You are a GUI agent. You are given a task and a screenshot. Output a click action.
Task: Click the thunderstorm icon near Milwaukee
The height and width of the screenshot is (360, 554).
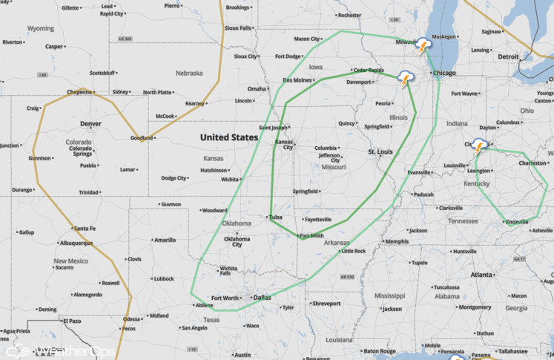pos(423,45)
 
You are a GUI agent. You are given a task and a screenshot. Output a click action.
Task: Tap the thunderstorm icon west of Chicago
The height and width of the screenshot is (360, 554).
pos(406,77)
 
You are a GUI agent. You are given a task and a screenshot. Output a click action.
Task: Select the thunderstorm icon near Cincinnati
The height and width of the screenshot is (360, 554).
pos(479,145)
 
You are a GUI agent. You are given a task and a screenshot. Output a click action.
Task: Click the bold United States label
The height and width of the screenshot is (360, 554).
pos(229,137)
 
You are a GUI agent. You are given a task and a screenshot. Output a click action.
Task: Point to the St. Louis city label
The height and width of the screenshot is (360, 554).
pos(380,151)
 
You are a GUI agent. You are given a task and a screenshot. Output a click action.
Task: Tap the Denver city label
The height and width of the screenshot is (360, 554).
pos(90,123)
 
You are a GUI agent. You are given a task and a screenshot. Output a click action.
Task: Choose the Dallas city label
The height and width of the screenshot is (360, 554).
pos(262,298)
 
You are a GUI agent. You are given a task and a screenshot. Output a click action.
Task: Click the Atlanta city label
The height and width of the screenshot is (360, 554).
pos(482,275)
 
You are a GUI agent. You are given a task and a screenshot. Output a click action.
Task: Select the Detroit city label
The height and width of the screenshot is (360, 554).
pos(509,56)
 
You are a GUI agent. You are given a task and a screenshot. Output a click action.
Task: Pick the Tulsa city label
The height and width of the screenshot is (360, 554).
pos(276,217)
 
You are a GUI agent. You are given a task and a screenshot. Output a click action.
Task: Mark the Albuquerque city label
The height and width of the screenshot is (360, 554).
pos(76,243)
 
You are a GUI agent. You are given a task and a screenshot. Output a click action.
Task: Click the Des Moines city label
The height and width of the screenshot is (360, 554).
pos(297,79)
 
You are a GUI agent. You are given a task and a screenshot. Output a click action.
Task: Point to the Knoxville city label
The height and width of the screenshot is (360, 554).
pos(517,222)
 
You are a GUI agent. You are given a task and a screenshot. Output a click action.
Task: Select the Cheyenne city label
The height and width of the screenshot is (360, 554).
pos(79,92)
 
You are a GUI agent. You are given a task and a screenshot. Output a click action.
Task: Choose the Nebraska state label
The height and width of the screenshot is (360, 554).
pos(189,73)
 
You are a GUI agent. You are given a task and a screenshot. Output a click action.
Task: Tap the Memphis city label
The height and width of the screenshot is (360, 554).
pos(397,241)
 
